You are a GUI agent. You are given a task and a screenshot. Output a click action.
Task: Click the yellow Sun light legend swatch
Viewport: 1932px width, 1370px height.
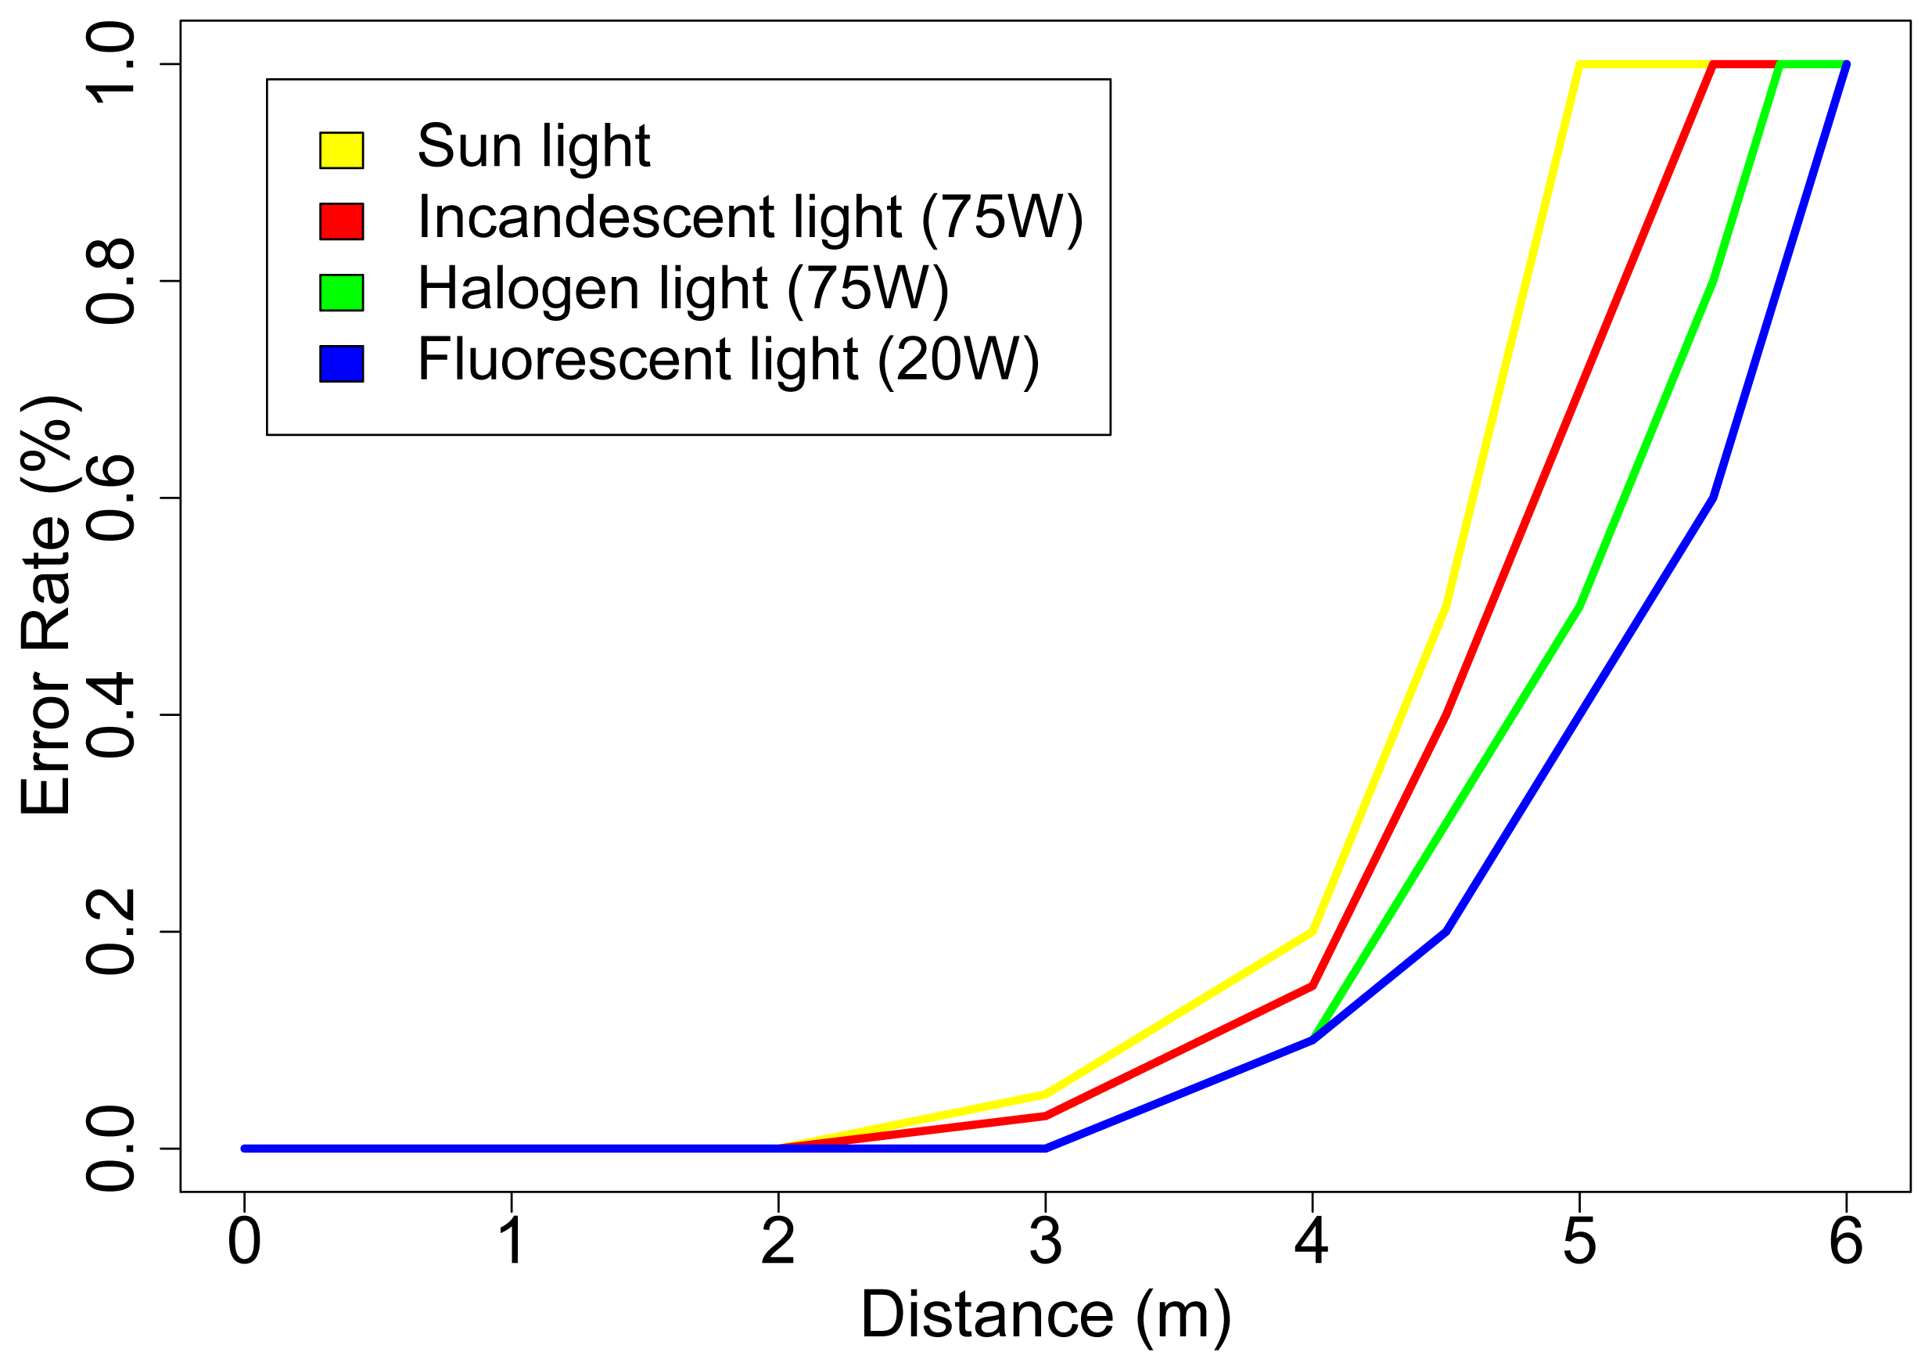tap(342, 150)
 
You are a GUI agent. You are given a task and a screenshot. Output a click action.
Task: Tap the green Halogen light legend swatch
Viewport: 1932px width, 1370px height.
tap(342, 293)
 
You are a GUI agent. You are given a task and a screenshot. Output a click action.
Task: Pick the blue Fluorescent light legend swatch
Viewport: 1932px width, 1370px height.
tap(342, 364)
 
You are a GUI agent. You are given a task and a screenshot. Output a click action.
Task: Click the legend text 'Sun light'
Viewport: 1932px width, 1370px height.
tap(533, 147)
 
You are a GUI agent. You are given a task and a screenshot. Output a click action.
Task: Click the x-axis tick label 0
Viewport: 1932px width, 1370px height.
tap(245, 1242)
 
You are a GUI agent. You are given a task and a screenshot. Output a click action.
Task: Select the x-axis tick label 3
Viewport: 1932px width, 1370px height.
tap(1046, 1242)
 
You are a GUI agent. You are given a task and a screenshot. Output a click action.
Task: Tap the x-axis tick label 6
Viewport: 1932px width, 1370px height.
tap(1846, 1242)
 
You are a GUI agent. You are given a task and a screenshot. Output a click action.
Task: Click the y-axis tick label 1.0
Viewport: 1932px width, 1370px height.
tap(110, 64)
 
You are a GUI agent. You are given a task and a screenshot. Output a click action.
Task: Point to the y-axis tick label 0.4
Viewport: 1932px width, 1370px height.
tap(110, 715)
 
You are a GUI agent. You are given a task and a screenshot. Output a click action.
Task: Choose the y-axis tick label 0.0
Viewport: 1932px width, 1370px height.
tap(110, 1149)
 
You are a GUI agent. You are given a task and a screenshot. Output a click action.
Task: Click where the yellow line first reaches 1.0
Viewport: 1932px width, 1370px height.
tap(1578, 64)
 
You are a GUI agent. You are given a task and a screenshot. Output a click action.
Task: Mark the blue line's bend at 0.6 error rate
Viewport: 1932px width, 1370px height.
tap(1713, 498)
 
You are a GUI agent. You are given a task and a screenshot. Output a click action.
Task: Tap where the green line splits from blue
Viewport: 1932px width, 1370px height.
tap(1313, 1039)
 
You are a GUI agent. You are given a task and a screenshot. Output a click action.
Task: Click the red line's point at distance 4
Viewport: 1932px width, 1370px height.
tap(1313, 985)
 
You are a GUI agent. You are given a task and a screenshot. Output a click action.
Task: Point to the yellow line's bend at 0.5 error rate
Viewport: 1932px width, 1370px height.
tap(1446, 606)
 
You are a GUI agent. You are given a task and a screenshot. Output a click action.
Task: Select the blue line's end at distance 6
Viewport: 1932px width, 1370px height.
tap(1846, 65)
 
